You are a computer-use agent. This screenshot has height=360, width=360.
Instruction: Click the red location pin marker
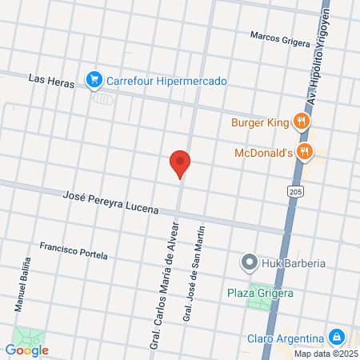tap(180, 164)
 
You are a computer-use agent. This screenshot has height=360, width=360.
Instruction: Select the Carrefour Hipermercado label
tap(167, 82)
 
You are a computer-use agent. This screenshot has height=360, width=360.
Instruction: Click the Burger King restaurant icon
tap(302, 122)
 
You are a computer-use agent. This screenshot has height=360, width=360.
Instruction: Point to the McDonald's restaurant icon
tap(304, 152)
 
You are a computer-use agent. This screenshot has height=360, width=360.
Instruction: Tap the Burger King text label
tap(258, 122)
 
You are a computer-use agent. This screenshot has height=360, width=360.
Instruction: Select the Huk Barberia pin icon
tap(250, 262)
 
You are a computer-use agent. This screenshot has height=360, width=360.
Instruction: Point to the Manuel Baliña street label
tap(22, 285)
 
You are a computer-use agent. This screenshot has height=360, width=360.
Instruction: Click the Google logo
tap(26, 350)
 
